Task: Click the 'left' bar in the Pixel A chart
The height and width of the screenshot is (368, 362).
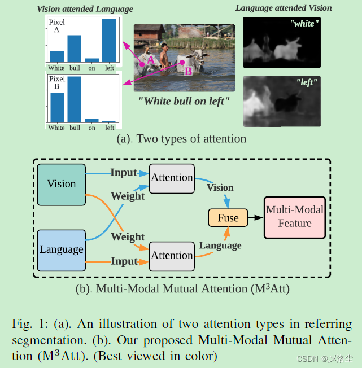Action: click(x=109, y=41)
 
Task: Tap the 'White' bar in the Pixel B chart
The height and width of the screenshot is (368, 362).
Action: click(x=56, y=107)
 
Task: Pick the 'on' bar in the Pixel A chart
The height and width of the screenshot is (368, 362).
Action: click(x=91, y=60)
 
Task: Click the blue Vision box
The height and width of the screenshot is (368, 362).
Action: click(x=61, y=184)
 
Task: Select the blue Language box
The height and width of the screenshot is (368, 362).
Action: click(x=61, y=249)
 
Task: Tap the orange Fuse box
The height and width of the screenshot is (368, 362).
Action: click(x=228, y=218)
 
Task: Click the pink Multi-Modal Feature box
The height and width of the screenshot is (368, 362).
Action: click(x=294, y=217)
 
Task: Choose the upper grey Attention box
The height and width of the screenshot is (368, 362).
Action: click(x=172, y=178)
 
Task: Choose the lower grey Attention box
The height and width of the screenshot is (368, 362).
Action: click(x=172, y=256)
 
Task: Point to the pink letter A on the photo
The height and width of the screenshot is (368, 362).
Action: click(x=149, y=59)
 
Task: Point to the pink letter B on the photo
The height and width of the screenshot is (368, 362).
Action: click(x=188, y=71)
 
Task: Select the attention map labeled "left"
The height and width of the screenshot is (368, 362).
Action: click(x=281, y=102)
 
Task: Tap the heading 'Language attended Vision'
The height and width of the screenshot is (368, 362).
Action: click(x=284, y=8)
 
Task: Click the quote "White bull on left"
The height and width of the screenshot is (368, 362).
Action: click(x=184, y=102)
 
